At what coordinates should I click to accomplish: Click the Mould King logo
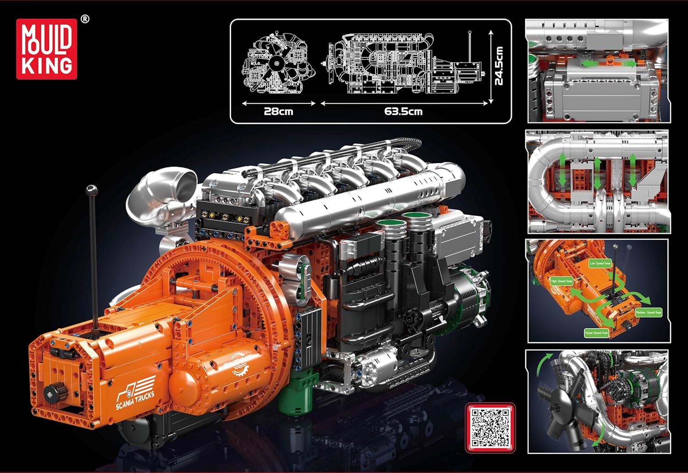click(47, 49)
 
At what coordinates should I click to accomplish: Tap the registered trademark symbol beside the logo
click(85, 19)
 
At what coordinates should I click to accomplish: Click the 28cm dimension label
click(278, 111)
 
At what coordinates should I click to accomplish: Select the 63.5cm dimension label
click(403, 111)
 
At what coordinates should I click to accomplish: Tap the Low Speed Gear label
click(600, 263)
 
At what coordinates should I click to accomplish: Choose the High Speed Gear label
click(561, 281)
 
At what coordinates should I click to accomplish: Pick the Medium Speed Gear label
click(648, 312)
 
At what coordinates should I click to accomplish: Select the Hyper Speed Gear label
click(597, 333)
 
